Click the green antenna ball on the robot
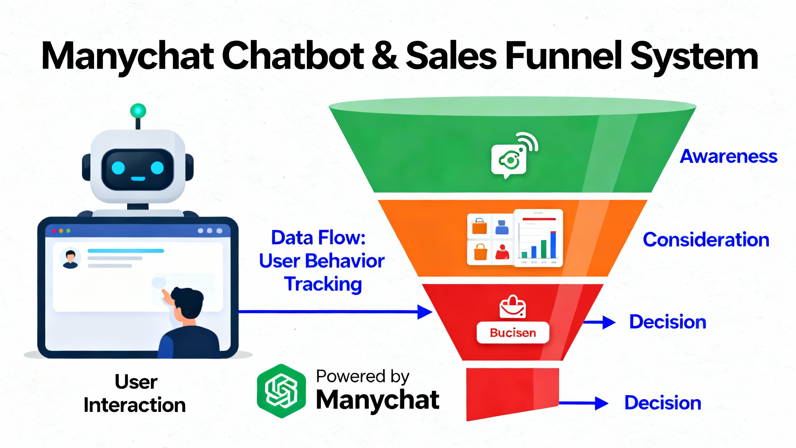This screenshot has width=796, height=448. (x=138, y=111)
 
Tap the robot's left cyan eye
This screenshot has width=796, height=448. (x=118, y=168)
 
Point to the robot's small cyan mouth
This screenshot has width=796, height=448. (x=138, y=179)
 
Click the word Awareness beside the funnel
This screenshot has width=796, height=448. (x=728, y=156)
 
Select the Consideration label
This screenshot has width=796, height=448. (x=706, y=240)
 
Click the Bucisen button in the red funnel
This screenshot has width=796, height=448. (x=513, y=333)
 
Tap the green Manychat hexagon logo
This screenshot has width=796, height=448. (x=281, y=391)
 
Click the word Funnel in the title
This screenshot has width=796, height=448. (x=563, y=56)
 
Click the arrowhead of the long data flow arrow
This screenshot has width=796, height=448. (x=424, y=312)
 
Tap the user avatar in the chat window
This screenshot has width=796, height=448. (x=70, y=258)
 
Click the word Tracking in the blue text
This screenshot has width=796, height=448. (x=323, y=284)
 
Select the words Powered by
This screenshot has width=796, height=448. (x=363, y=376)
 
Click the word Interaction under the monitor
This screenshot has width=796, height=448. (x=135, y=405)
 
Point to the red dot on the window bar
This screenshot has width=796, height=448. (x=54, y=231)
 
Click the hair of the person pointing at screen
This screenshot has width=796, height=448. (x=187, y=299)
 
